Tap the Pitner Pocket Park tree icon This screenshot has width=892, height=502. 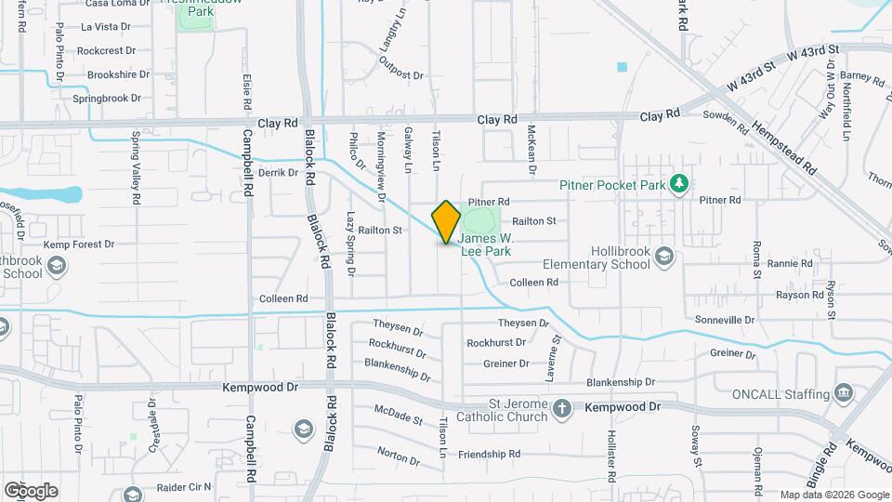(x=680, y=184)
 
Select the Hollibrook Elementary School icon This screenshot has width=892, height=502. (x=664, y=256)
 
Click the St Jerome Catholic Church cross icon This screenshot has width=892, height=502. (x=562, y=408)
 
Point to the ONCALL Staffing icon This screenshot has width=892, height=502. (x=844, y=393)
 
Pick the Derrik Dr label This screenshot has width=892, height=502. (x=278, y=172)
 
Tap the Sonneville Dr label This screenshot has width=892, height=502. (x=725, y=320)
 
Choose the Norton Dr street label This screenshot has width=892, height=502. (x=399, y=455)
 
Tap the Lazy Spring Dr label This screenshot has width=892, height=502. (x=350, y=244)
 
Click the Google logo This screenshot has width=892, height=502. (x=30, y=490)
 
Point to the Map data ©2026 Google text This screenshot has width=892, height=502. (x=833, y=495)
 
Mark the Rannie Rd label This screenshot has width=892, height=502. (x=790, y=264)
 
